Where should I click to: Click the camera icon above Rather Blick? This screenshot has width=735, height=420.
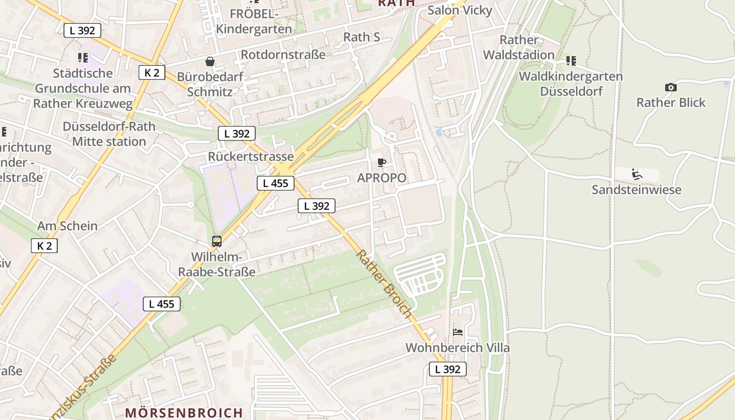click(x=670, y=87)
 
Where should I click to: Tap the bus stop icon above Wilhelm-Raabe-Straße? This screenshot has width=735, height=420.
click(x=217, y=241)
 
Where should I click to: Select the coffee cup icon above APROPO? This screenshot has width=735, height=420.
click(x=382, y=163)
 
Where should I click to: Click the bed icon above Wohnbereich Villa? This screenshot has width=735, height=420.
click(x=458, y=332)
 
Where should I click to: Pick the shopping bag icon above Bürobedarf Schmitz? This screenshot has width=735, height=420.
click(x=210, y=61)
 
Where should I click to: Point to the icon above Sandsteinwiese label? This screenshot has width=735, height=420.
click(x=637, y=174)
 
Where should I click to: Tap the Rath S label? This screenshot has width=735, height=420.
click(x=361, y=37)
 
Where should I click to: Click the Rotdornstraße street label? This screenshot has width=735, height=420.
click(x=283, y=55)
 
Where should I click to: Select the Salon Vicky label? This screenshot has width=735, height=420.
click(x=460, y=10)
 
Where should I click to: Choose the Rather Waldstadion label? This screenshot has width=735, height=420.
click(x=519, y=47)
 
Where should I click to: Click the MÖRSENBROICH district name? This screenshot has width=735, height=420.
click(x=184, y=413)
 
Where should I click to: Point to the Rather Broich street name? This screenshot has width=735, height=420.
click(x=384, y=283)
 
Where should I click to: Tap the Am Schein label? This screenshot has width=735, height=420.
click(x=67, y=226)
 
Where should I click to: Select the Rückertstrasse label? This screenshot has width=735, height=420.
click(x=250, y=156)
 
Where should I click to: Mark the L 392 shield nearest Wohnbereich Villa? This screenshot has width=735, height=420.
click(x=448, y=369)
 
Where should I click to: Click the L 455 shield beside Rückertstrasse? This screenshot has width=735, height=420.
click(x=276, y=183)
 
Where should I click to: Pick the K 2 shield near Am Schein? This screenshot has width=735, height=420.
click(x=44, y=246)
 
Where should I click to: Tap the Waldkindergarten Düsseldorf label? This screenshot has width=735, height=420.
click(x=571, y=83)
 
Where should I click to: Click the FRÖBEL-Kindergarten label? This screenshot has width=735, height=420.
click(x=254, y=21)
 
